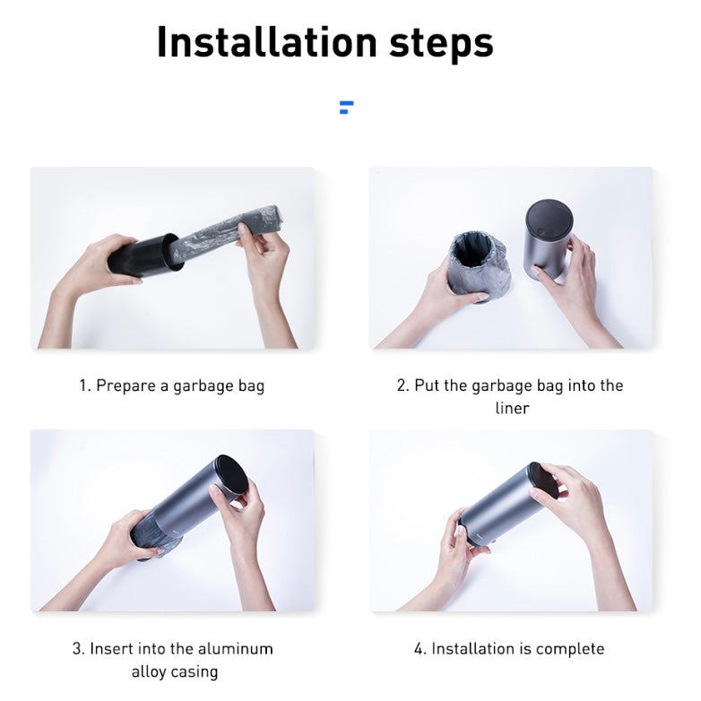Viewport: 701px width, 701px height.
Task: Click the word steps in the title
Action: tap(441, 44)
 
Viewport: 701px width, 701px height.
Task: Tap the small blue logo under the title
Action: tap(347, 108)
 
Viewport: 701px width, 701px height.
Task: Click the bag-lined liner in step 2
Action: tap(479, 266)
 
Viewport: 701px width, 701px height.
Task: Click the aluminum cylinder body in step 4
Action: tap(501, 506)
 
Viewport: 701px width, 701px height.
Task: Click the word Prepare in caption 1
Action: tap(126, 385)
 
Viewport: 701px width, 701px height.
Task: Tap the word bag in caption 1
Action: tap(251, 386)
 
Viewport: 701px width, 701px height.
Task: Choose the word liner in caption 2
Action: tap(513, 408)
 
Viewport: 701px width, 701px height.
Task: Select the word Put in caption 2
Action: tap(427, 385)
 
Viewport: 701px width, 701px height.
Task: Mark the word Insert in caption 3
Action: tap(112, 649)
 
